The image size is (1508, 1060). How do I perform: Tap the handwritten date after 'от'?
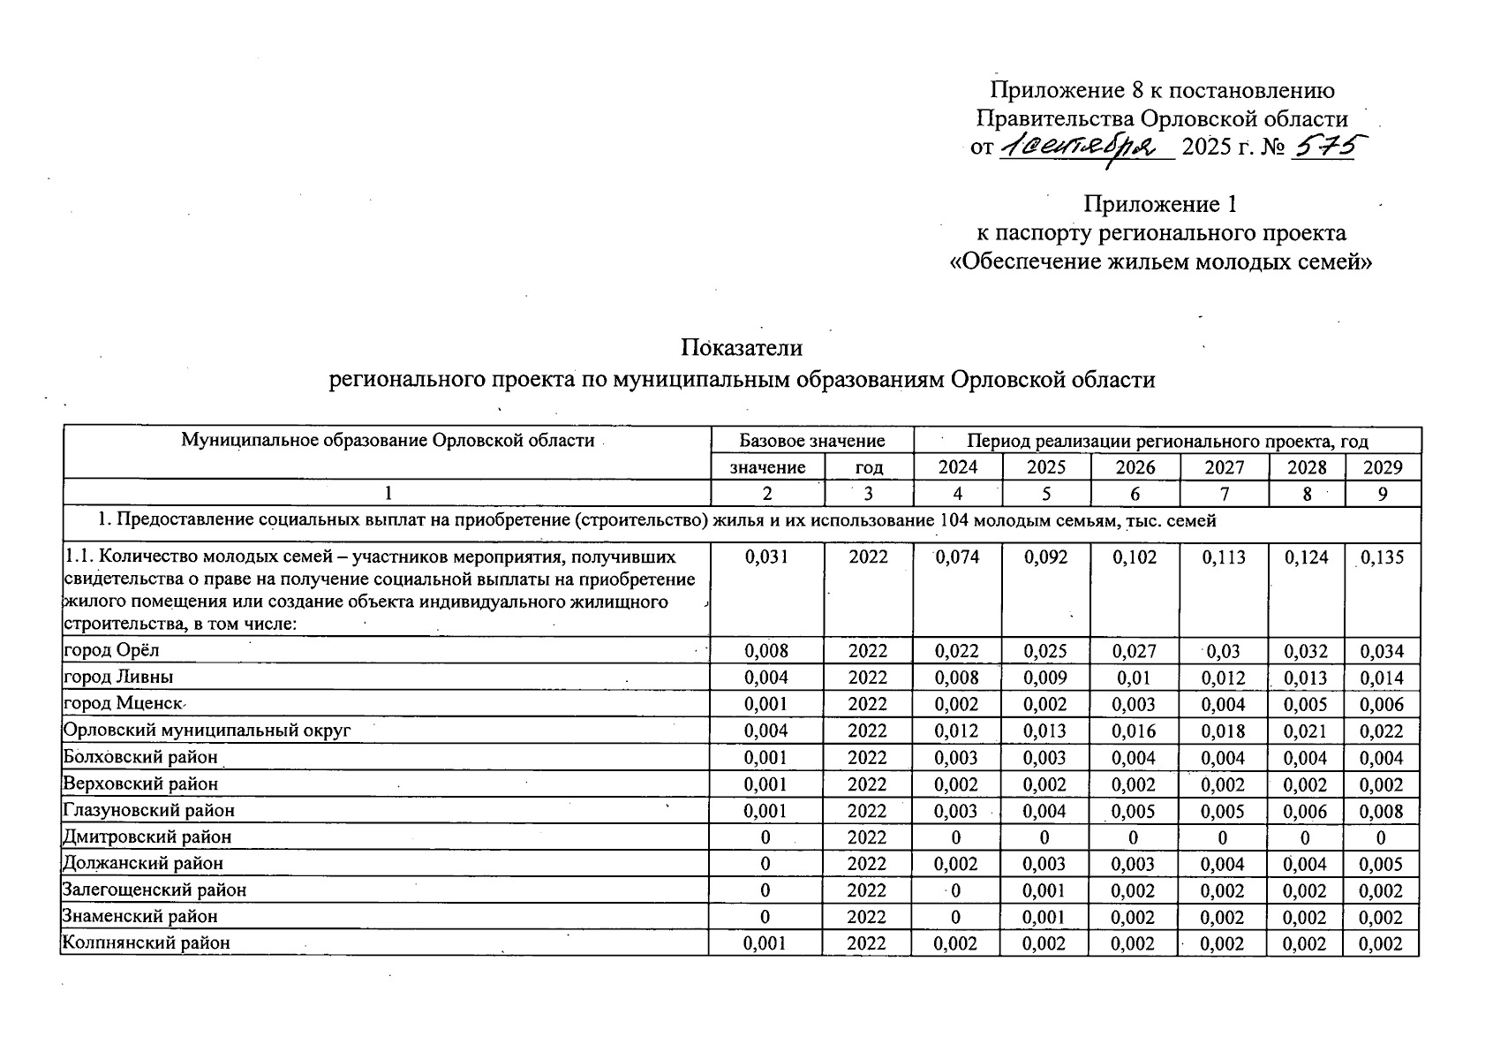click(1086, 148)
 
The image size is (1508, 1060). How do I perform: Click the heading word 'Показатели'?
click(742, 348)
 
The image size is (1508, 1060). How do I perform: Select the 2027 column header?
click(1224, 467)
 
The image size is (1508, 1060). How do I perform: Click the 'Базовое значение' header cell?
click(811, 440)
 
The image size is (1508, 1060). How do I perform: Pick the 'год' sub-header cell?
click(869, 467)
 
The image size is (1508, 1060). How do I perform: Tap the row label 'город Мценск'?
click(122, 704)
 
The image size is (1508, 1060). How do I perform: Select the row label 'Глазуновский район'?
click(148, 810)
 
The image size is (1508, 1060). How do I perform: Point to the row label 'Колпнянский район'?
click(146, 943)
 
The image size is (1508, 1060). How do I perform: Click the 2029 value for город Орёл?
click(1382, 652)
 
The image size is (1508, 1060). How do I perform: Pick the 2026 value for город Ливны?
click(1135, 678)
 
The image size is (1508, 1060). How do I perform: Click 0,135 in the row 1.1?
click(1382, 557)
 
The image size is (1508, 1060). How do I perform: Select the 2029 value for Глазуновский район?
click(1382, 811)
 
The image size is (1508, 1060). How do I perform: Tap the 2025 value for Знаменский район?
click(1045, 917)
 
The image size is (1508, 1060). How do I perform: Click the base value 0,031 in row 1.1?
click(766, 557)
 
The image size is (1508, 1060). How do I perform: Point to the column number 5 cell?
click(1046, 494)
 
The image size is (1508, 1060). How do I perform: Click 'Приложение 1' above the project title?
click(1160, 204)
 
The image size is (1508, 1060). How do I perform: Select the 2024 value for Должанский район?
click(957, 864)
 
